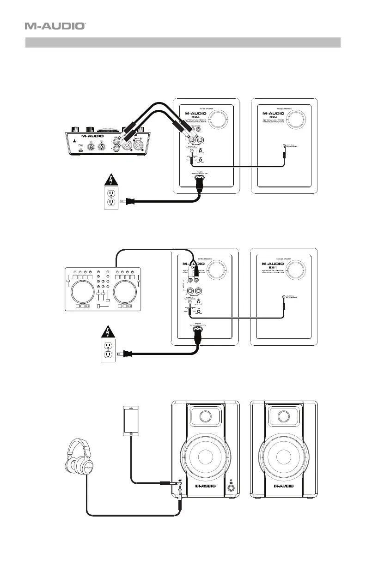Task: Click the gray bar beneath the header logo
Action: [183, 43]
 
